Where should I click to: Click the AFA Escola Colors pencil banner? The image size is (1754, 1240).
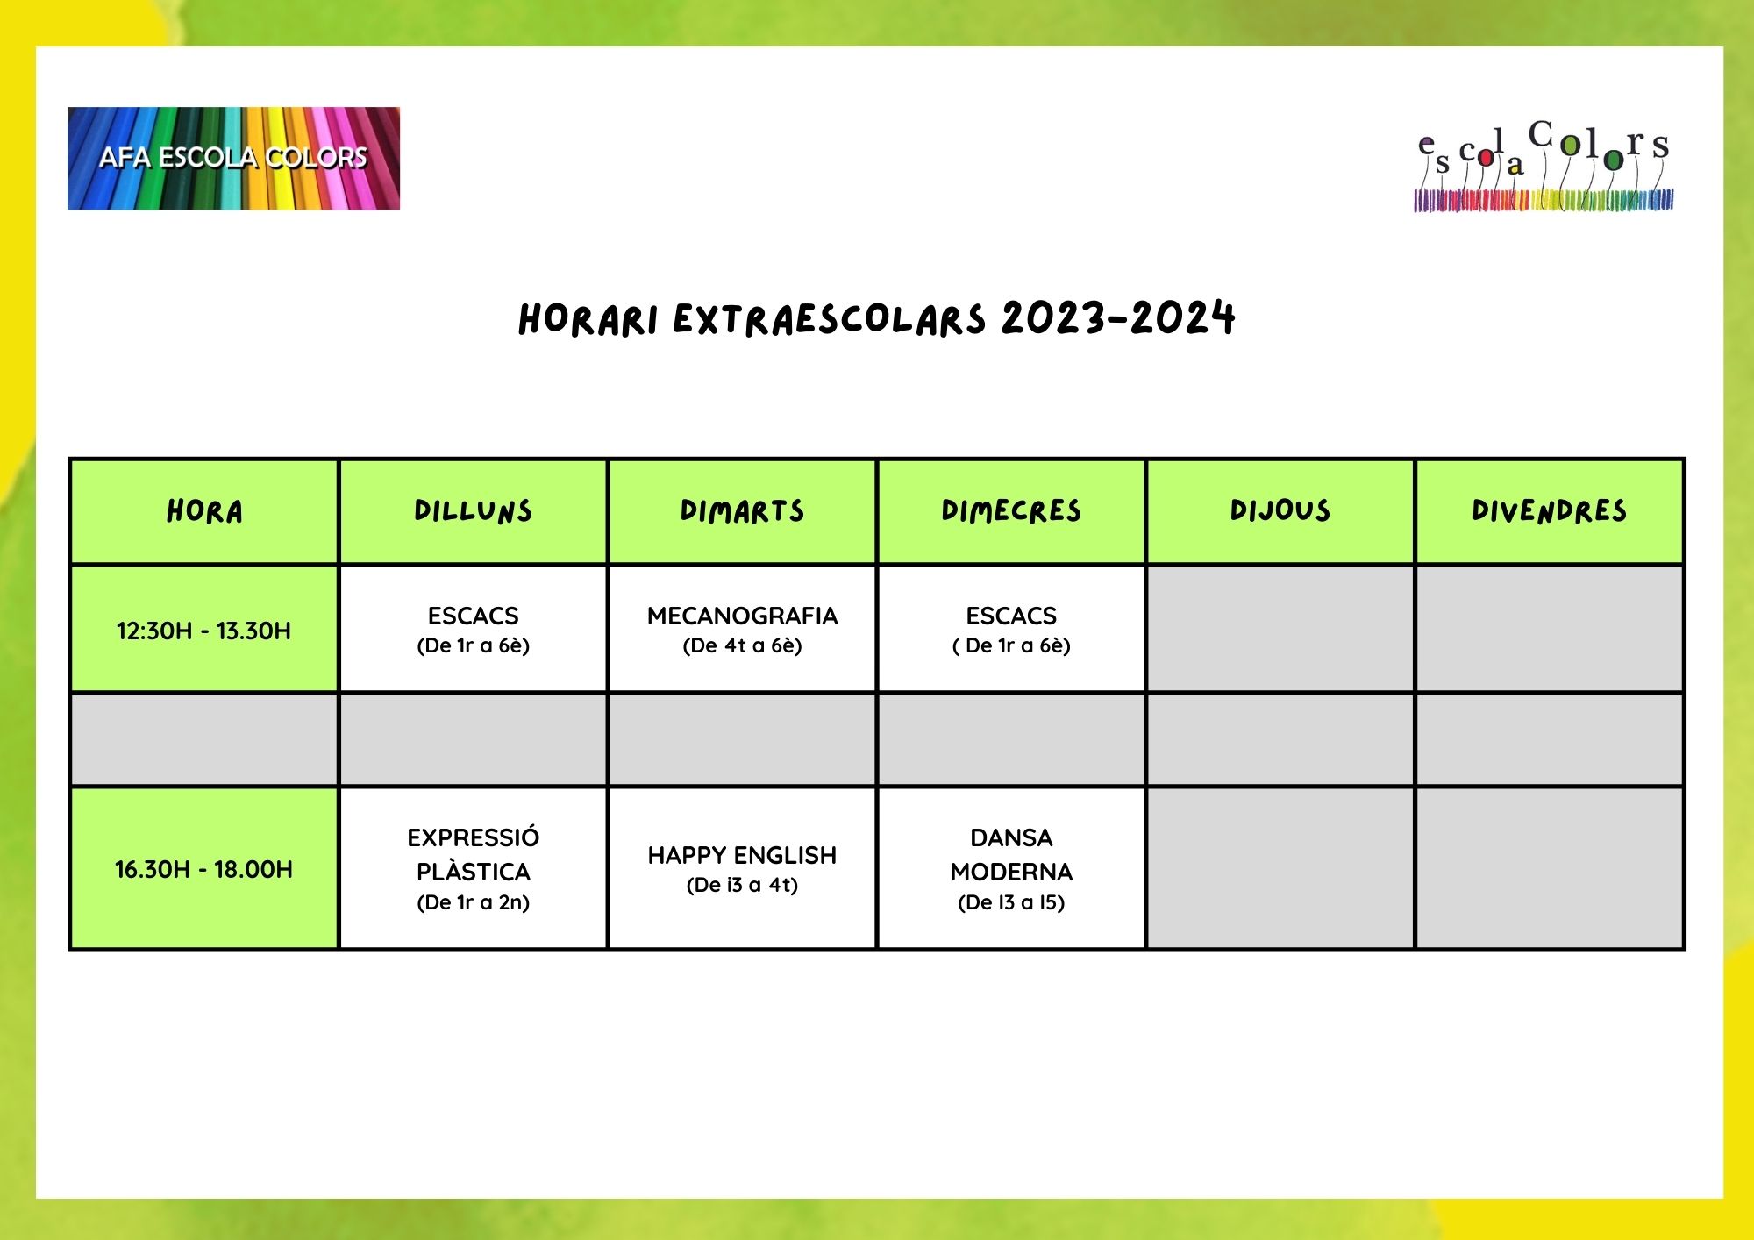click(x=233, y=159)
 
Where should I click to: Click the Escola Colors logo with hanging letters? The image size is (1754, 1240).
click(x=1544, y=166)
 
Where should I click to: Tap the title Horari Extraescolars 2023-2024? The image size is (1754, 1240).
click(x=877, y=318)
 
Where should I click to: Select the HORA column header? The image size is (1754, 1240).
click(x=204, y=511)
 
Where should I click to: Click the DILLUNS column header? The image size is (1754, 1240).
click(x=474, y=511)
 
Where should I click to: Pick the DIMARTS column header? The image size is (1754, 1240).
click(x=742, y=511)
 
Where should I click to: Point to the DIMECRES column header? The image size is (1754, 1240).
click(x=1011, y=511)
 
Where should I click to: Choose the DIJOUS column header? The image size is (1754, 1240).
click(x=1280, y=511)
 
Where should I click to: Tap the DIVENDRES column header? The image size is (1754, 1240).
click(x=1550, y=511)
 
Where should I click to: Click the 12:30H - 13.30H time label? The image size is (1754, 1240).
click(x=203, y=631)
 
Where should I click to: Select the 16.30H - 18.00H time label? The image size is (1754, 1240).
click(x=203, y=869)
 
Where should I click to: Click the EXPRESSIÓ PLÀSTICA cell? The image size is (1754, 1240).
click(x=474, y=869)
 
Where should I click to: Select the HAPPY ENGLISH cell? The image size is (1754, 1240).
click(x=742, y=869)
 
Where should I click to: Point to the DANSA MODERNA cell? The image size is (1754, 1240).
click(x=1011, y=869)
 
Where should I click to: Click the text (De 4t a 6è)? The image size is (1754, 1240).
click(x=742, y=645)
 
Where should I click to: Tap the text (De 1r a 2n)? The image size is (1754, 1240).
click(x=474, y=902)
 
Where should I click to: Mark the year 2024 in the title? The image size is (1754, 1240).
click(x=1182, y=317)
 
